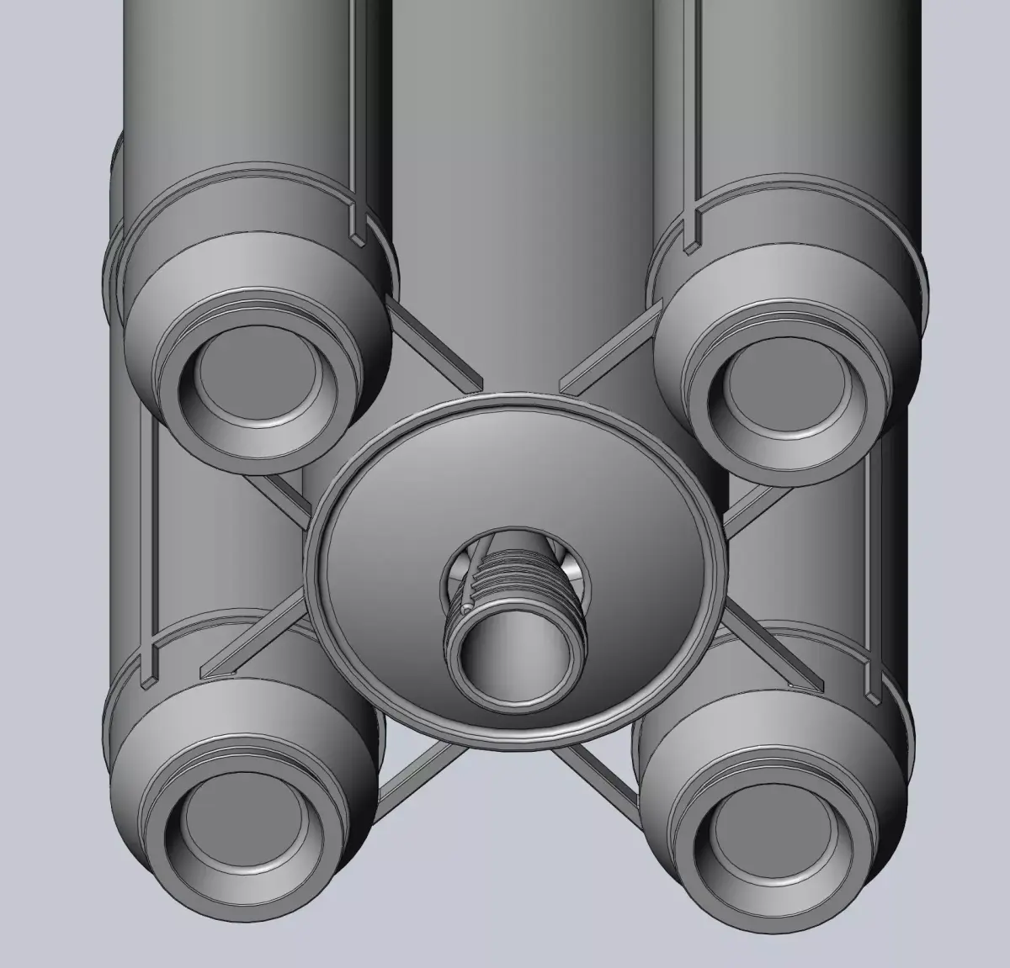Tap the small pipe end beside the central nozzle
click(x=465, y=607)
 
